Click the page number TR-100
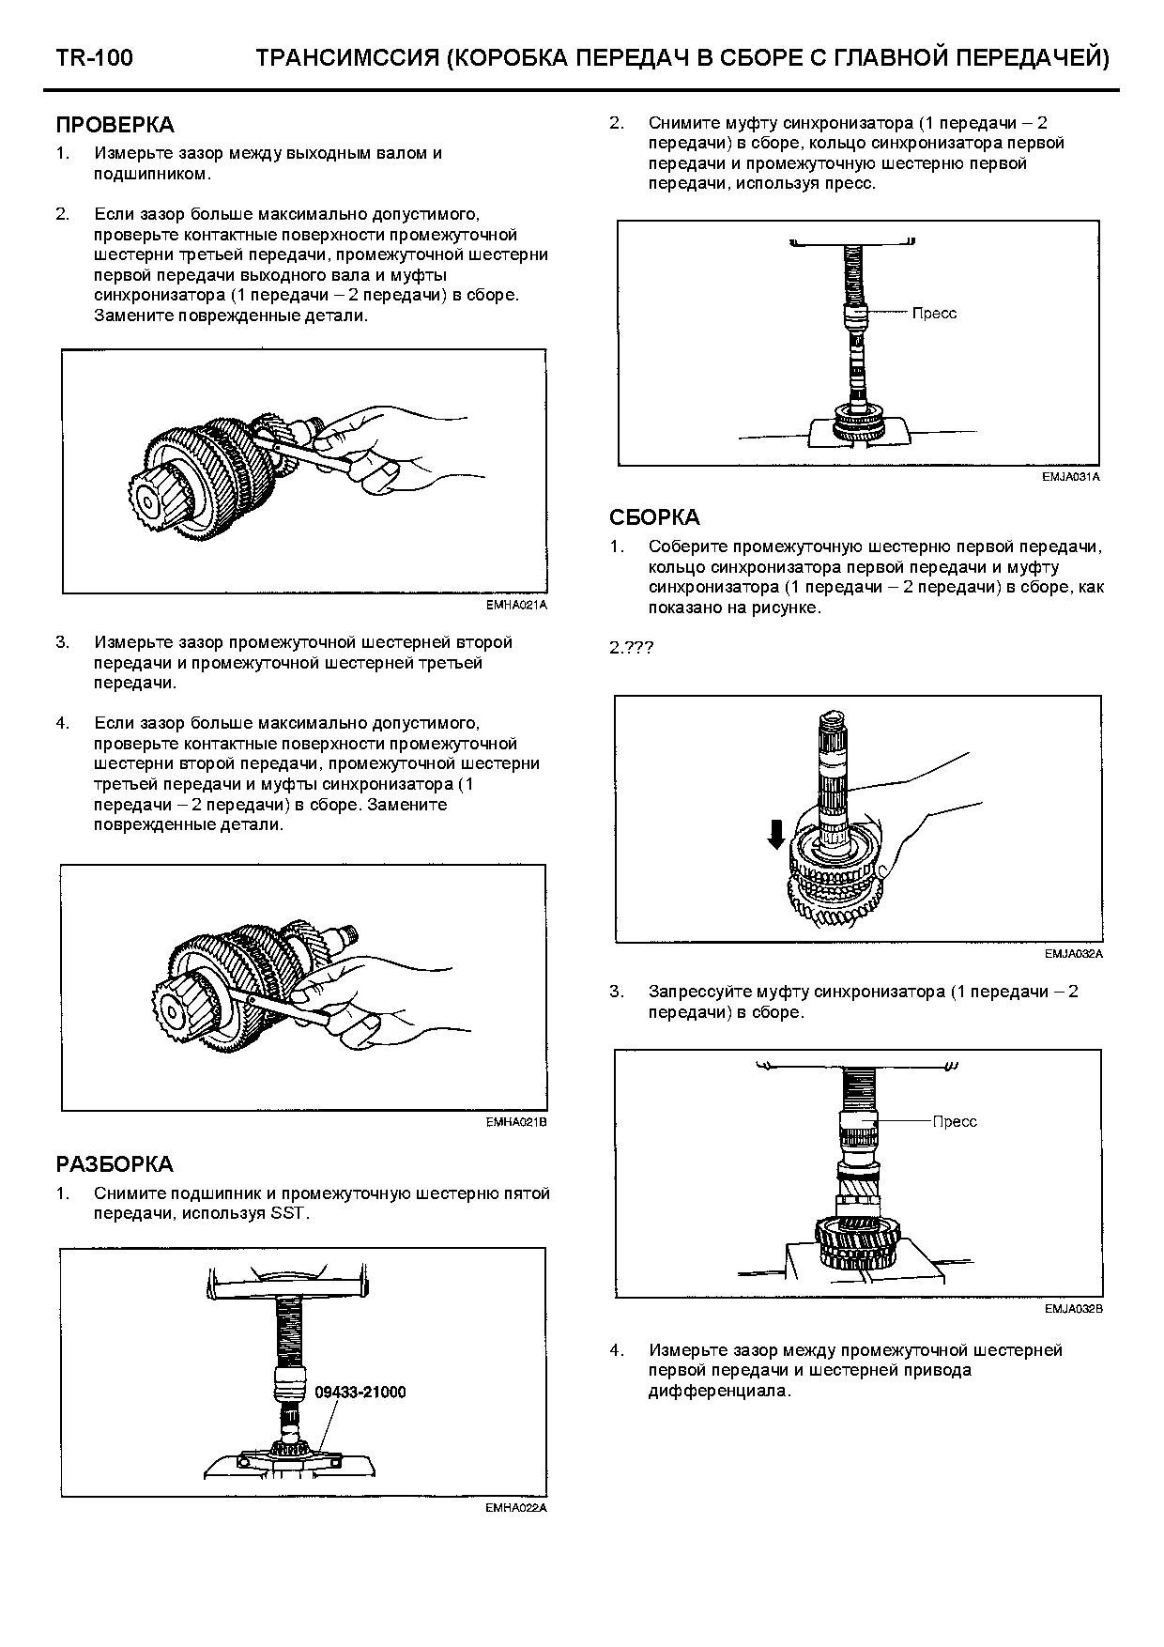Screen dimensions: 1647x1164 pyautogui.click(x=94, y=58)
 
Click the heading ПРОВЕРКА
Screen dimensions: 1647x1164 pyautogui.click(x=115, y=125)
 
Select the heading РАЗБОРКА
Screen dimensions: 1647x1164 pyautogui.click(x=115, y=1164)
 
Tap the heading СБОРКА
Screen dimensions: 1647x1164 pyautogui.click(x=654, y=517)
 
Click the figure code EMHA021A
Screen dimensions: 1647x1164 pyautogui.click(x=516, y=606)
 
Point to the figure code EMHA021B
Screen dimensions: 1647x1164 pyautogui.click(x=516, y=1121)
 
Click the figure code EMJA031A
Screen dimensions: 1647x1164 pyautogui.click(x=1070, y=477)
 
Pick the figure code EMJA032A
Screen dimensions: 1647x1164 pyautogui.click(x=1073, y=954)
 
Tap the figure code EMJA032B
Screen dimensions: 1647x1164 pyautogui.click(x=1073, y=1309)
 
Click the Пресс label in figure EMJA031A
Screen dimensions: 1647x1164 pyautogui.click(x=934, y=313)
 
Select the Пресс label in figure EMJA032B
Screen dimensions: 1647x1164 pyautogui.click(x=955, y=1121)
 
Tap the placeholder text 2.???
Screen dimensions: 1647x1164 pyautogui.click(x=631, y=648)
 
